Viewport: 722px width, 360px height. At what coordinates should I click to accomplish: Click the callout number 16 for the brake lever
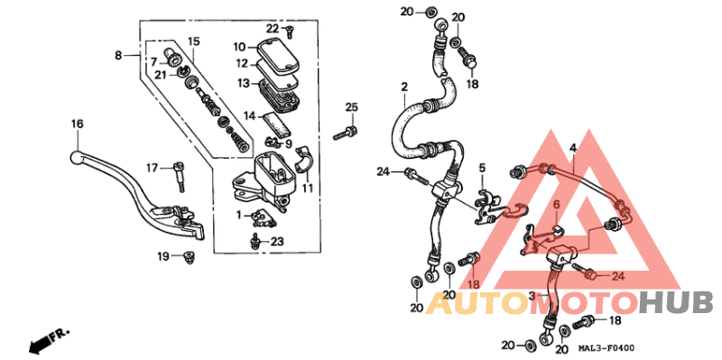pos(77,124)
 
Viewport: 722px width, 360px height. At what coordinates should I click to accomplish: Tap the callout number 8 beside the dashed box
pos(119,55)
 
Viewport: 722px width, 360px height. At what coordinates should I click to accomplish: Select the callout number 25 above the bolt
pos(351,107)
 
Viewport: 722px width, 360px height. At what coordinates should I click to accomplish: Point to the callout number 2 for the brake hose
pos(404,87)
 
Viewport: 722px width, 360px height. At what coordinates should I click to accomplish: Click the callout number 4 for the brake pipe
pos(571,147)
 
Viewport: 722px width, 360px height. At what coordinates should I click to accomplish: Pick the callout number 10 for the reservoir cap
pos(239,47)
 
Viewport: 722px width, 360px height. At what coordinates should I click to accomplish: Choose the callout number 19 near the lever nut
pos(163,257)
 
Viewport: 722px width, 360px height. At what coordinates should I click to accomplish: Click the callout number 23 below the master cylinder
pos(276,241)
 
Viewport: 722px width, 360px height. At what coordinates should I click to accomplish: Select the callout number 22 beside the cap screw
pos(272,29)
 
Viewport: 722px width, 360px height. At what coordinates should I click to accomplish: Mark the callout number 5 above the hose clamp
pos(482,168)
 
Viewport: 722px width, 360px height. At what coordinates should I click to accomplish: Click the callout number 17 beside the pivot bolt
pos(152,167)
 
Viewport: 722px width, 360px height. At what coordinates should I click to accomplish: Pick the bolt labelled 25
pos(343,134)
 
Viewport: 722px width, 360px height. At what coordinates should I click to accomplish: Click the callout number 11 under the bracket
pos(307,189)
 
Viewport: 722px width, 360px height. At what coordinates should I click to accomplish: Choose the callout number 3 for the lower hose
pos(532,296)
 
